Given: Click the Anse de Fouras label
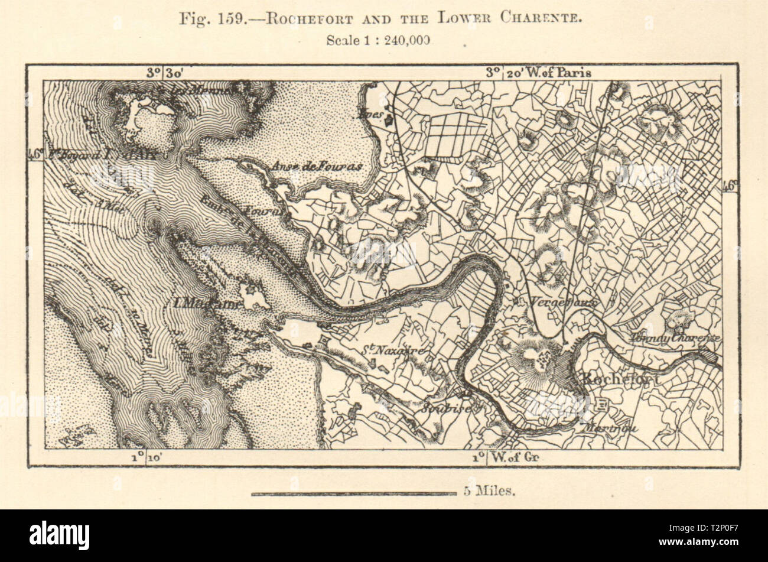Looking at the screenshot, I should click(325, 167).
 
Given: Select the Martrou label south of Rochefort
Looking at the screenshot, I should click(610, 429).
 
